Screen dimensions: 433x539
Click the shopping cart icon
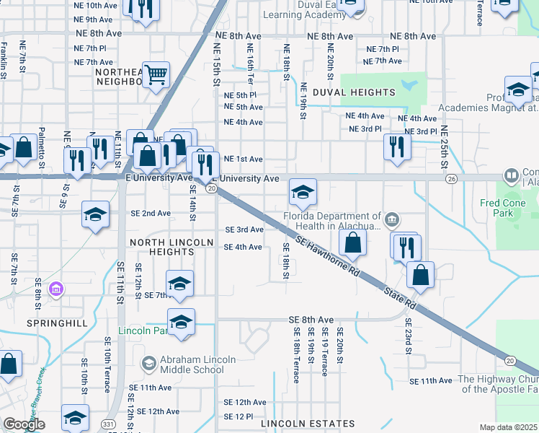[156, 74]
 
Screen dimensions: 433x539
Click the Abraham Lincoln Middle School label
[188, 364]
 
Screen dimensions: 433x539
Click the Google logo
[24, 424]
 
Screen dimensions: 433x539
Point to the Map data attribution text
[509, 427]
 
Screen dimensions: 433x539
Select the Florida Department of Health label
[332, 220]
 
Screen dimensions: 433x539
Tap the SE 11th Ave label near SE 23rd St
[430, 380]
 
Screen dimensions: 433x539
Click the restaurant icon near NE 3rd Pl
[396, 146]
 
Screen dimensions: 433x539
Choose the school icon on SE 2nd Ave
[95, 214]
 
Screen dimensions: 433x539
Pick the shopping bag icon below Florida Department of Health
[352, 243]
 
